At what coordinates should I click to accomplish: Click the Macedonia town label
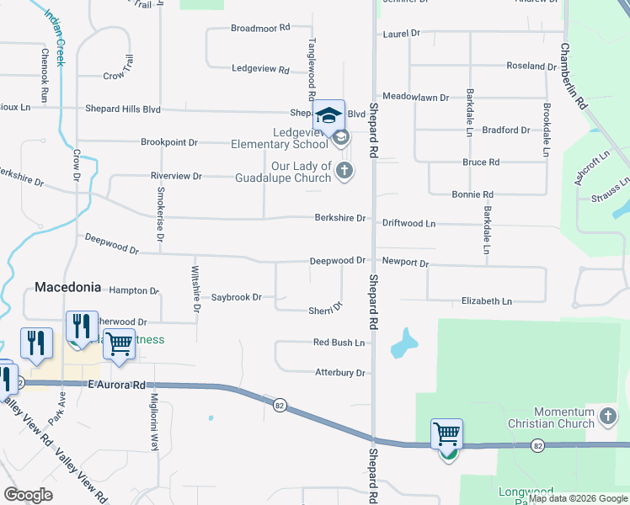(x=67, y=287)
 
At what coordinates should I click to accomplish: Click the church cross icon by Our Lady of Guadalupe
(x=344, y=171)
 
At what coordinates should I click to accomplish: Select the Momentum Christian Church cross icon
(x=608, y=416)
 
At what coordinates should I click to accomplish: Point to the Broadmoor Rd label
(x=260, y=28)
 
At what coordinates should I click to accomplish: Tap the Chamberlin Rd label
(x=571, y=77)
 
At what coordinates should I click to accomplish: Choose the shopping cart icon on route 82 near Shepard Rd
(x=446, y=435)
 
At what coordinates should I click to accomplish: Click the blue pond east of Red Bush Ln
(x=403, y=343)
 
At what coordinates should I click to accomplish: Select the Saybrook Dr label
(x=237, y=297)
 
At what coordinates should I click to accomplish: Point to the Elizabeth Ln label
(x=486, y=300)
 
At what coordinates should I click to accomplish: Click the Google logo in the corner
(x=28, y=495)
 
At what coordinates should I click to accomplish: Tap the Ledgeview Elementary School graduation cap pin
(x=329, y=115)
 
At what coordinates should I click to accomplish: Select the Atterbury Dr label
(x=339, y=372)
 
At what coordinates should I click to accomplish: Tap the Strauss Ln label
(x=611, y=189)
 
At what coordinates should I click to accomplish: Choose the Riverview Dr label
(x=176, y=176)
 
